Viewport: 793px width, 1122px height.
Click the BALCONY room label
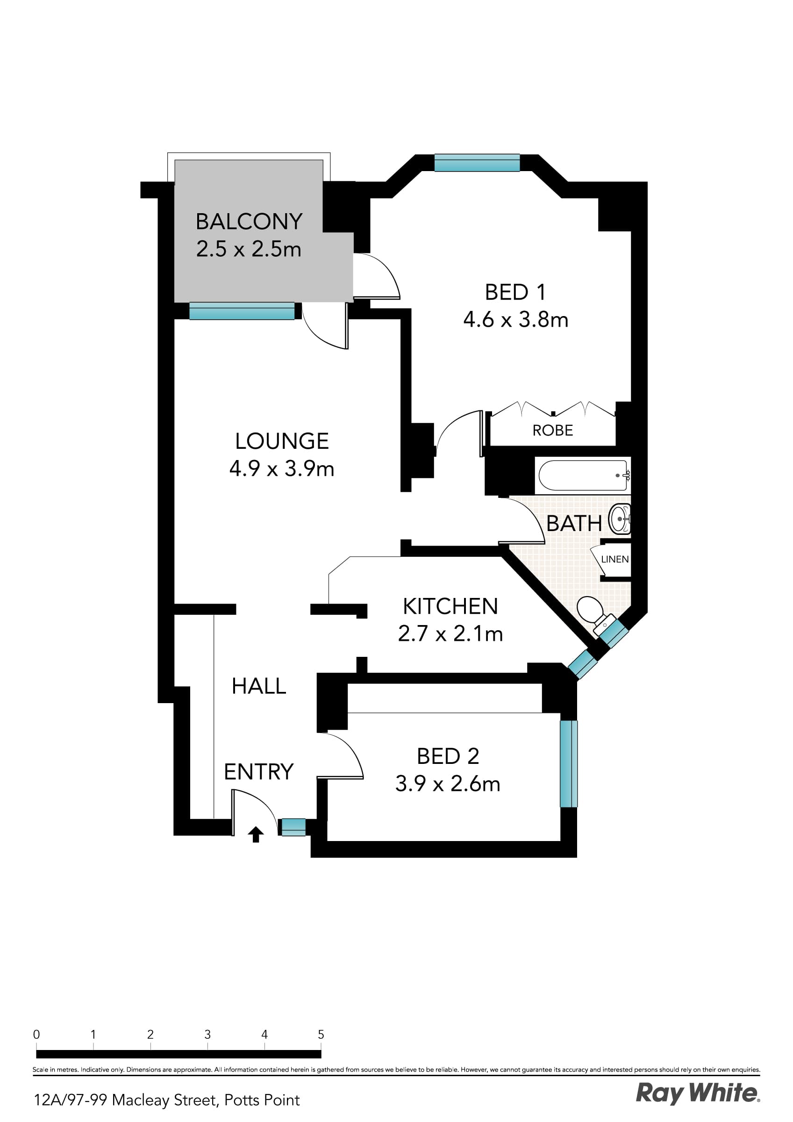[x=249, y=222]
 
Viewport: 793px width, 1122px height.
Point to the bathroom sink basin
[x=620, y=519]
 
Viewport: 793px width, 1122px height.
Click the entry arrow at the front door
[x=256, y=834]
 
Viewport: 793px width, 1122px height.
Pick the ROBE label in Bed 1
[x=553, y=431]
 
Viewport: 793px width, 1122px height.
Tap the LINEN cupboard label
[x=614, y=560]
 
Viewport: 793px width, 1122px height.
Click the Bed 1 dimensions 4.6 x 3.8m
[x=515, y=320]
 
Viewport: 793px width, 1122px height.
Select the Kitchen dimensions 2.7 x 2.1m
[x=450, y=634]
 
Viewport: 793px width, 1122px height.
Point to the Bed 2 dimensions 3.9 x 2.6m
[x=448, y=784]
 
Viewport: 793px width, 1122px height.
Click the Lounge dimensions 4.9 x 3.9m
[x=281, y=468]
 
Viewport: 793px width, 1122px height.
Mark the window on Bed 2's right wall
[x=568, y=764]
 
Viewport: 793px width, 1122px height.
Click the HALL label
[x=258, y=686]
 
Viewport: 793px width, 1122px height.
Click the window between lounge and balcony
[x=242, y=311]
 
